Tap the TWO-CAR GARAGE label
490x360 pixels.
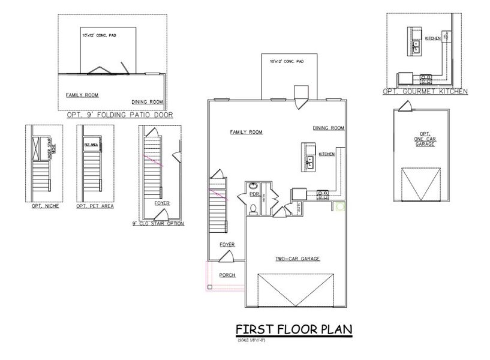coord(297,259)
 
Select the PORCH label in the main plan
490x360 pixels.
coord(227,275)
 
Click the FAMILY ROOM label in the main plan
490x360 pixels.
coord(246,132)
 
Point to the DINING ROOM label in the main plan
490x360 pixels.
coord(328,128)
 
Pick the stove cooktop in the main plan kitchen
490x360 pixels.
coord(322,194)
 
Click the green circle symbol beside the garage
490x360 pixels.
coord(340,207)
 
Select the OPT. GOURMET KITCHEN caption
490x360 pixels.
coord(425,92)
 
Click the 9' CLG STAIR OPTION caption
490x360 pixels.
coord(161,224)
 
